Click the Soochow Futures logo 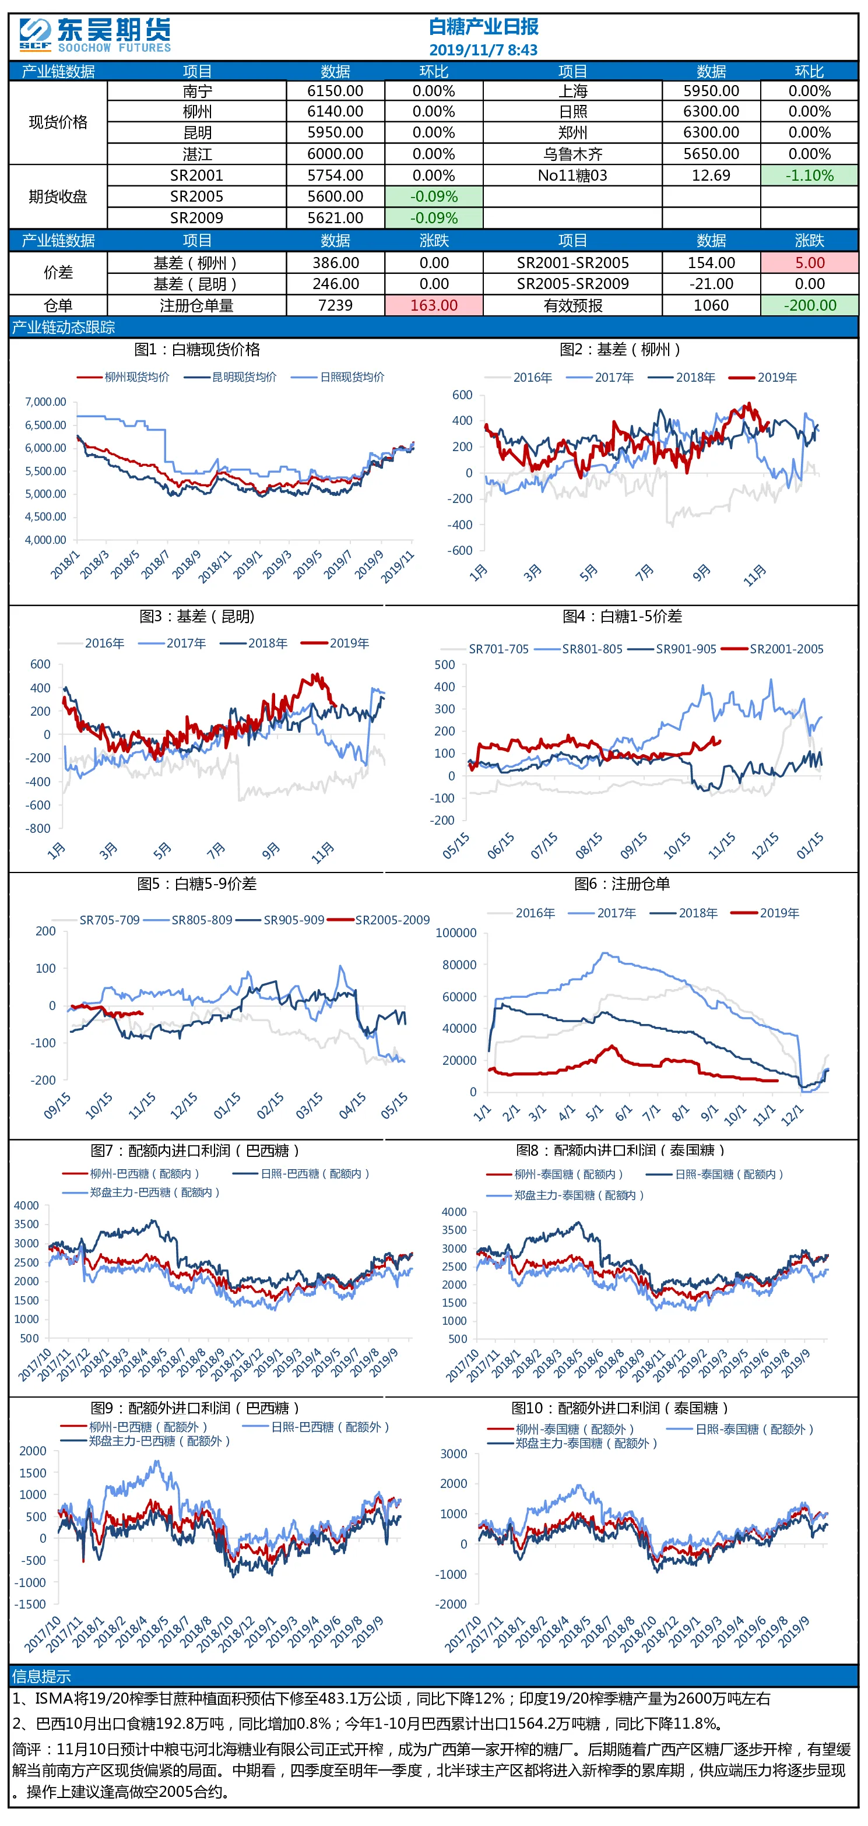click(95, 36)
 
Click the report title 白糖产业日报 click(484, 27)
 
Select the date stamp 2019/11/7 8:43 click(484, 50)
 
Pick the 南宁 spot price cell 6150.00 click(335, 92)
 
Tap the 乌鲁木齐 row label click(572, 154)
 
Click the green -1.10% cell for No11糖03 click(809, 175)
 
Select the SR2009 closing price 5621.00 click(335, 217)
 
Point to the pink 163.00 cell click(434, 305)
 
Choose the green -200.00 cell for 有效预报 click(809, 305)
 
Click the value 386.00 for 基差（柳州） click(335, 263)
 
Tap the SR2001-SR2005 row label click(572, 263)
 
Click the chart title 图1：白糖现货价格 click(197, 350)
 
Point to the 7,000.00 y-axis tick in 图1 click(45, 402)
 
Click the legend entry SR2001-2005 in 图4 click(786, 649)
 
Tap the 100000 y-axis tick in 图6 click(456, 933)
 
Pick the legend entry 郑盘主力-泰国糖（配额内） click(579, 1195)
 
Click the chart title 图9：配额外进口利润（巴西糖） click(195, 1408)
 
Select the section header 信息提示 click(41, 1676)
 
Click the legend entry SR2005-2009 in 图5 click(392, 920)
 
